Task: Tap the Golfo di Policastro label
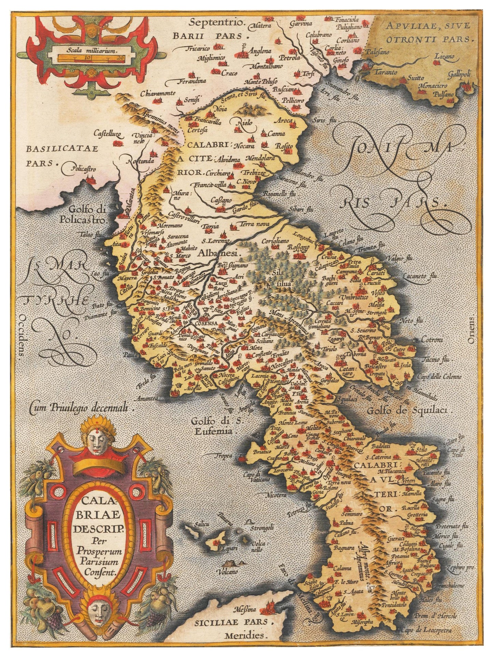[x=88, y=214]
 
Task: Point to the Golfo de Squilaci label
[x=407, y=411]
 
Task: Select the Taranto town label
[x=385, y=72]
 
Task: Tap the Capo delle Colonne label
[x=439, y=377]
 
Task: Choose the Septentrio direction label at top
[x=217, y=23]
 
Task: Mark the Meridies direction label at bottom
[x=245, y=635]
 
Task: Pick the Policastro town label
[x=83, y=169]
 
